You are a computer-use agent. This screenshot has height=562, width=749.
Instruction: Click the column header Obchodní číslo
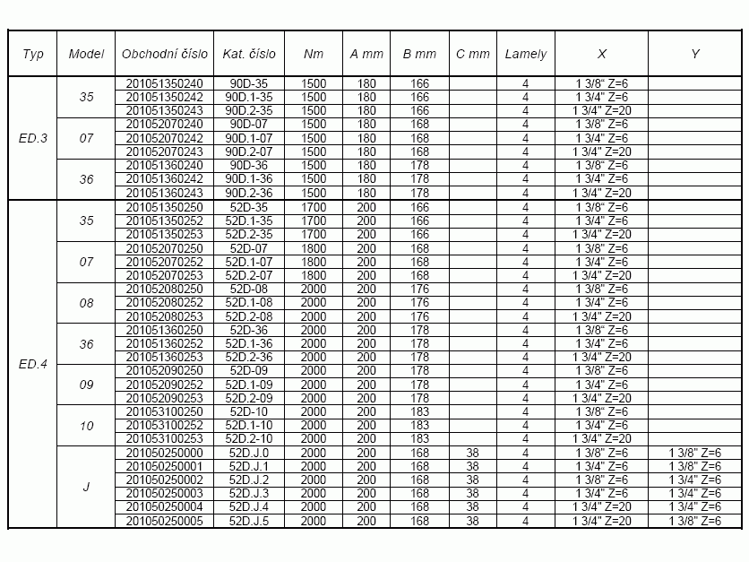click(166, 54)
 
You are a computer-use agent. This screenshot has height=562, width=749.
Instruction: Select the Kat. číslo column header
click(249, 54)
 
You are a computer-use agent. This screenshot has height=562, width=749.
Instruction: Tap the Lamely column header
click(525, 54)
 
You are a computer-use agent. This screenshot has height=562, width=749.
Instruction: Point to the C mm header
click(473, 54)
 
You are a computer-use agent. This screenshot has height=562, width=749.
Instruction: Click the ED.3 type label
click(32, 139)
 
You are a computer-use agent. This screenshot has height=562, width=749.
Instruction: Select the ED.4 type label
click(32, 364)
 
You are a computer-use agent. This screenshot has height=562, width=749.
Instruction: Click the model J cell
click(86, 487)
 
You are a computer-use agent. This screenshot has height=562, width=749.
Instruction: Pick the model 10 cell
click(86, 426)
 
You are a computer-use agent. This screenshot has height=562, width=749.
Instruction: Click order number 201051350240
click(166, 83)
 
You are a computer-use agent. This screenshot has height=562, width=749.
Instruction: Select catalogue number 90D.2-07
click(249, 152)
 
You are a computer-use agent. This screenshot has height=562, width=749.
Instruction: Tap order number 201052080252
click(166, 303)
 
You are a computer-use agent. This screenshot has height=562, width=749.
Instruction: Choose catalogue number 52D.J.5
click(249, 521)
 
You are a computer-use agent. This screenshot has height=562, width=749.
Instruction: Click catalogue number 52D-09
click(249, 371)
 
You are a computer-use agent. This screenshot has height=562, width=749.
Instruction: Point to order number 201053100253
click(166, 438)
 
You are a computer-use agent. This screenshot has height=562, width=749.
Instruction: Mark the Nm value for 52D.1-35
click(314, 220)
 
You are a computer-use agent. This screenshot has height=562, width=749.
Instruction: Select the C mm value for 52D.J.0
click(473, 453)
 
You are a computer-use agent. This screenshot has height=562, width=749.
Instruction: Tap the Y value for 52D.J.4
click(695, 507)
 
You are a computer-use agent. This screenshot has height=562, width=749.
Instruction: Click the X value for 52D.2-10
click(601, 438)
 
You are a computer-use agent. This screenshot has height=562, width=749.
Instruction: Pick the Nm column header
click(314, 54)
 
